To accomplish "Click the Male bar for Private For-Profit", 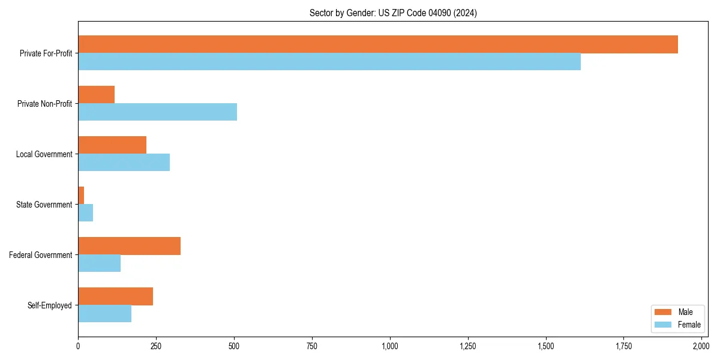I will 378,44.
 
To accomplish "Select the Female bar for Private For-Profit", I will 329,62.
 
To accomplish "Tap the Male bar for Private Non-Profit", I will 96,95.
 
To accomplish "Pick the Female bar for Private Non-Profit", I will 157,112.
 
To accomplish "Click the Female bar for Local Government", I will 124,163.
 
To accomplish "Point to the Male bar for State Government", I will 81,196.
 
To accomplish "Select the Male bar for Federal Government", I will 129,246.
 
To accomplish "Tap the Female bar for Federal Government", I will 99,263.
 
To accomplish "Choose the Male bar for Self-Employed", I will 115,296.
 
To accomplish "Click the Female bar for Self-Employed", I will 104,314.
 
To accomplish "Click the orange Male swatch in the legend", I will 663,312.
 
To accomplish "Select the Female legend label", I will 689,325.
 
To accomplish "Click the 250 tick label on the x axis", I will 156,346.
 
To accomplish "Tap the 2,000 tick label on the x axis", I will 701,346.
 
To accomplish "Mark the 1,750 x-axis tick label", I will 623,346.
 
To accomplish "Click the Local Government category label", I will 44,154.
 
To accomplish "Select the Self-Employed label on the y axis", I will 50,305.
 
